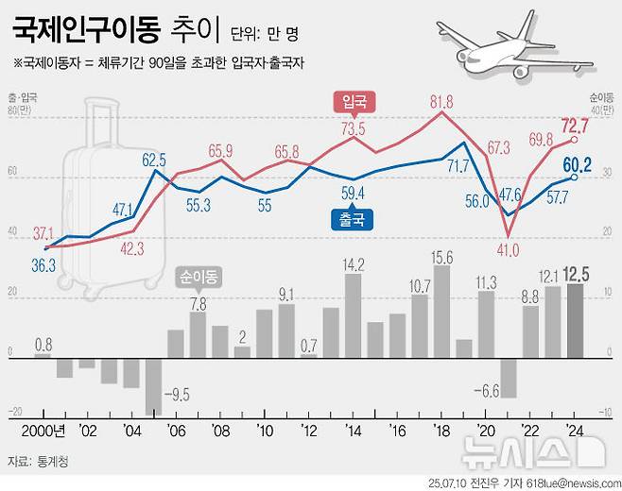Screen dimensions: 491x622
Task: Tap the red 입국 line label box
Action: coord(353,100)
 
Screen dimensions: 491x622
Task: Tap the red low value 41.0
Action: coord(509,249)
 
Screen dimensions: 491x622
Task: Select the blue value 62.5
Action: coord(154,160)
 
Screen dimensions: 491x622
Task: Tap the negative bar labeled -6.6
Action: coord(509,377)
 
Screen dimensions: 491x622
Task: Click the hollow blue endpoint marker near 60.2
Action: coord(575,178)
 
